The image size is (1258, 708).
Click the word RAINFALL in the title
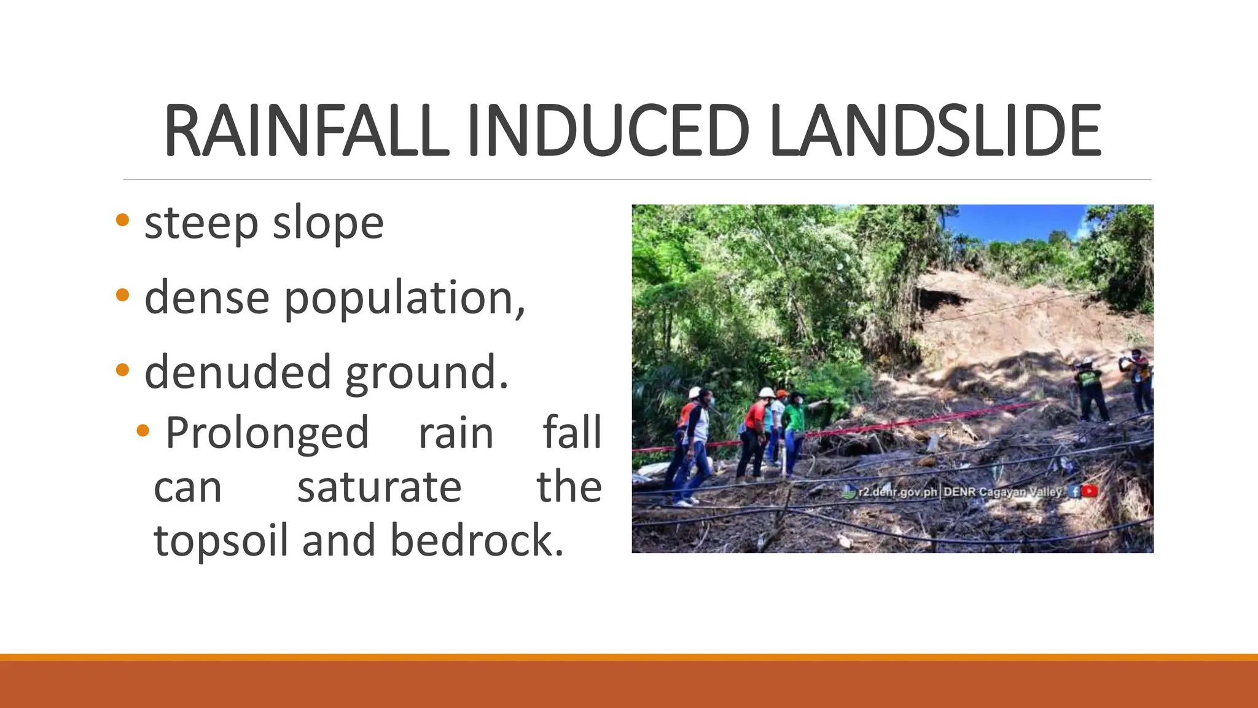click(x=306, y=132)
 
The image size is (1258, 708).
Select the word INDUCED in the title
click(x=608, y=132)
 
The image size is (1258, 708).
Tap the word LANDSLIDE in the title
click(x=935, y=132)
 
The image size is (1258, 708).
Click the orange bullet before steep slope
click(x=122, y=220)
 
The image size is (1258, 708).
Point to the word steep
click(x=201, y=224)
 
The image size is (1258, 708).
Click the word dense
click(x=207, y=298)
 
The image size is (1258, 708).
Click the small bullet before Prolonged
click(x=143, y=430)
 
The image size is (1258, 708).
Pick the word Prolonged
click(x=267, y=434)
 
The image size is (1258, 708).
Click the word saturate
click(x=379, y=487)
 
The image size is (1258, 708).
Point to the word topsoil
click(x=221, y=541)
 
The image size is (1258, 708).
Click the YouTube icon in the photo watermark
click(x=1090, y=491)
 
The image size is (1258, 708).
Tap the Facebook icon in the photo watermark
click(x=1074, y=491)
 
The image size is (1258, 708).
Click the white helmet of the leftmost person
click(x=695, y=392)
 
